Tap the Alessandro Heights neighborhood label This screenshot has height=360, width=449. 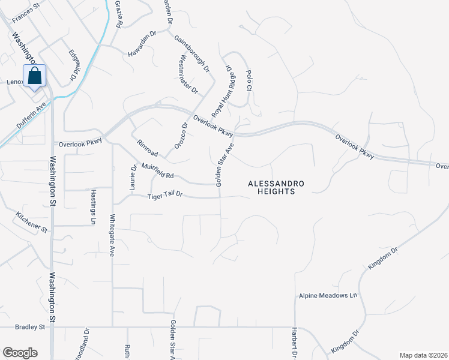point(277,187)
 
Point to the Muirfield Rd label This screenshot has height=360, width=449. point(157,171)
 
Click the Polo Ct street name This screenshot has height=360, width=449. point(249,79)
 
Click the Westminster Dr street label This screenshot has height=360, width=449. point(188,75)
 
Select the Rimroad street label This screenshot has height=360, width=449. point(147,149)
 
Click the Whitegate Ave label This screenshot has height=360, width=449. point(112,235)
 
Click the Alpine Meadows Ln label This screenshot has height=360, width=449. point(328,296)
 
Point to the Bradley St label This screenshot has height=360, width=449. point(31,328)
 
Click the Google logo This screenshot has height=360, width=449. point(20,352)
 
